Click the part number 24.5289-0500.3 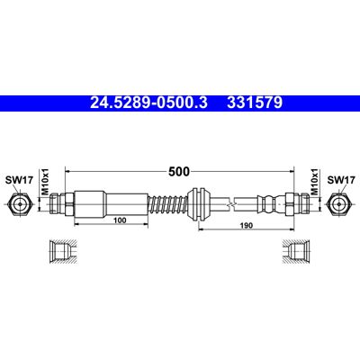(x=148, y=103)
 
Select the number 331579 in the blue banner (x=255, y=103)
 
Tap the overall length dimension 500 (x=179, y=172)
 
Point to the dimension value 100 (x=120, y=220)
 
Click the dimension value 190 (x=247, y=225)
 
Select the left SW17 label (x=19, y=180)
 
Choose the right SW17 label (x=341, y=180)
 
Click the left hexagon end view (x=20, y=204)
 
